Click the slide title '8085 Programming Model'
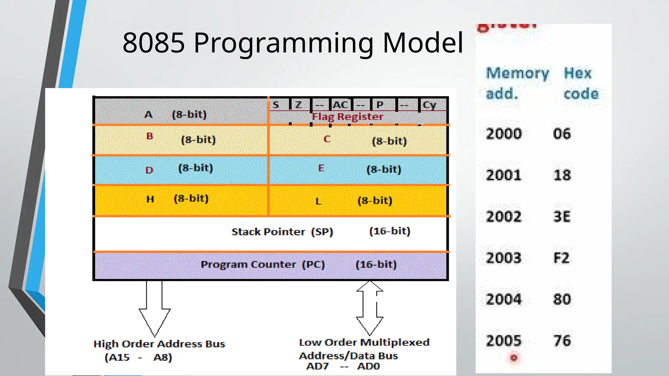[x=293, y=43]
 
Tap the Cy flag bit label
[x=429, y=105]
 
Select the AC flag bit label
[x=340, y=105]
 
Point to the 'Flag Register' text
[x=347, y=117]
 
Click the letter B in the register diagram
[x=150, y=136]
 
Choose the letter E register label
[x=321, y=168]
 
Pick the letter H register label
[x=150, y=199]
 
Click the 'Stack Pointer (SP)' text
[x=282, y=232]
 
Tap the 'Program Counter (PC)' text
[x=263, y=264]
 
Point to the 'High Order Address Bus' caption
[x=159, y=344]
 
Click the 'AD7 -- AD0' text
[x=343, y=366]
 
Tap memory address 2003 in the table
[x=503, y=258]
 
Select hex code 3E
[x=562, y=217]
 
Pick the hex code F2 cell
[x=562, y=258]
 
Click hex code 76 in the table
[x=562, y=341]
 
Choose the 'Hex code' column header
[x=580, y=84]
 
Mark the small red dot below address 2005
[x=514, y=358]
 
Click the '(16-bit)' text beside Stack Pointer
[x=390, y=231]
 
